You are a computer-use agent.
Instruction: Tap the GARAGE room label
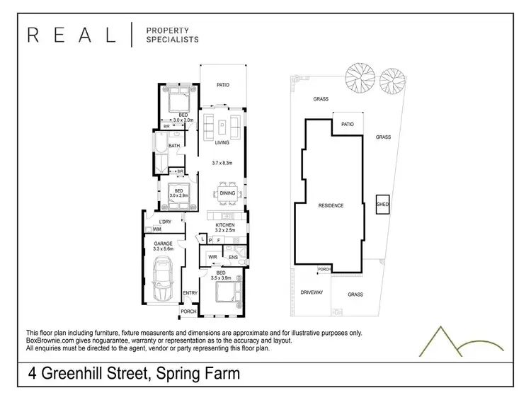(164, 243)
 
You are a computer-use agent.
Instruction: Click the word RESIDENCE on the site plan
(330, 205)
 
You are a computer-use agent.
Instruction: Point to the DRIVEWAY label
(312, 292)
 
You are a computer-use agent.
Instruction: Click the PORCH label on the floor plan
(188, 311)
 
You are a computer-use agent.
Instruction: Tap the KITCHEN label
(225, 225)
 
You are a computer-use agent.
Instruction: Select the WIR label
(212, 256)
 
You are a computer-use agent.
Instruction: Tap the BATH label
(173, 147)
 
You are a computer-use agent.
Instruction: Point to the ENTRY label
(190, 293)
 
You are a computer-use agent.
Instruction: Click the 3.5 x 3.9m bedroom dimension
(221, 278)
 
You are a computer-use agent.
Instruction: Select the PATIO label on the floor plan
(223, 84)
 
